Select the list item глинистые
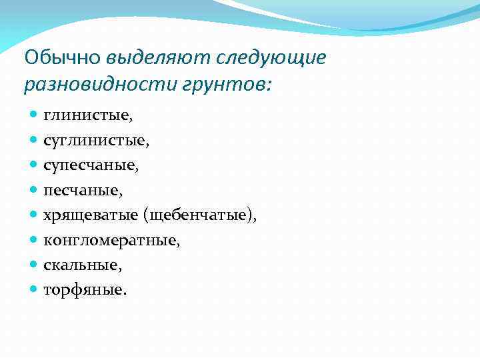click(x=88, y=115)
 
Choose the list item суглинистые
click(x=96, y=141)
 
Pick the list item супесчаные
click(x=91, y=165)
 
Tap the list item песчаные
click(x=83, y=191)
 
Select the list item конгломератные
click(x=111, y=241)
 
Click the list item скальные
click(x=83, y=265)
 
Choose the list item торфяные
click(x=85, y=291)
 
